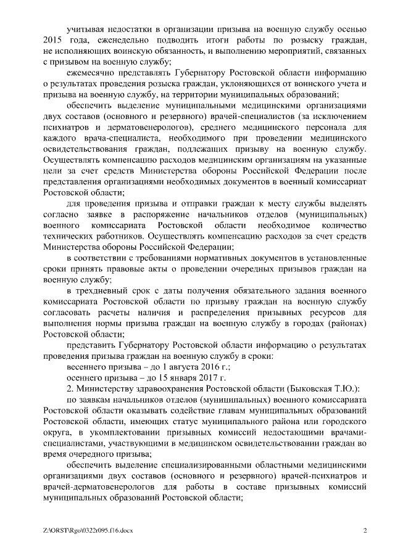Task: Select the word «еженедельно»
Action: click(x=115, y=40)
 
